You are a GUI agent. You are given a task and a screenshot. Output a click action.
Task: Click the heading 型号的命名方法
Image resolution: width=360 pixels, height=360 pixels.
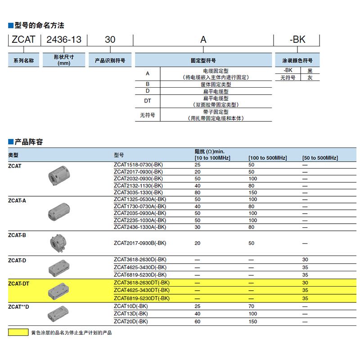pyautogui.click(x=39, y=25)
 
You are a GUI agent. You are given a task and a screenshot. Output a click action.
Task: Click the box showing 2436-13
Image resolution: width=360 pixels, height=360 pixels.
pyautogui.click(x=64, y=40)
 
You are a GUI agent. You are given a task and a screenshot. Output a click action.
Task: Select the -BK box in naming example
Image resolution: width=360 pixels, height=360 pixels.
pyautogui.click(x=297, y=40)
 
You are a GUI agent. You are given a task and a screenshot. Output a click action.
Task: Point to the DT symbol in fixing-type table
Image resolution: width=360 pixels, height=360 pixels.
pyautogui.click(x=147, y=101)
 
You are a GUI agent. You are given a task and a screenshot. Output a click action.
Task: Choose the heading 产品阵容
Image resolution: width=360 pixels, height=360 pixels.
pyautogui.click(x=28, y=142)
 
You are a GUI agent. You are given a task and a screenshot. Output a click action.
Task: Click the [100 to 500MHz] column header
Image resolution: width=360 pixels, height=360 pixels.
pyautogui.click(x=267, y=158)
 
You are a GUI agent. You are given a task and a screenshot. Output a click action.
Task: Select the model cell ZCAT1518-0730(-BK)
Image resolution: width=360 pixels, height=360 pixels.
pyautogui.click(x=139, y=165)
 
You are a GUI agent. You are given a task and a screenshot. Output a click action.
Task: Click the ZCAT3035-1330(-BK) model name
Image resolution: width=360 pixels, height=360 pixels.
pyautogui.click(x=139, y=192)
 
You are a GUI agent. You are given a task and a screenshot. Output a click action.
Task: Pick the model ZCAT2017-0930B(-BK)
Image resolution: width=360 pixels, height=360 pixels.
pyautogui.click(x=140, y=243)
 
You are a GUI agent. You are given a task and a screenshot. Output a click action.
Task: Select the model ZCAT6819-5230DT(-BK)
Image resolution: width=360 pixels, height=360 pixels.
pyautogui.click(x=142, y=298)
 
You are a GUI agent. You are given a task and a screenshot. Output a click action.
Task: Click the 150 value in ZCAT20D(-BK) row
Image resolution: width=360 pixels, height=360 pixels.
pyautogui.click(x=252, y=322)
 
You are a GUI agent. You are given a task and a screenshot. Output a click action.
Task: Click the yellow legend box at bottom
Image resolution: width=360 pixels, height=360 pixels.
pyautogui.click(x=18, y=333)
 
